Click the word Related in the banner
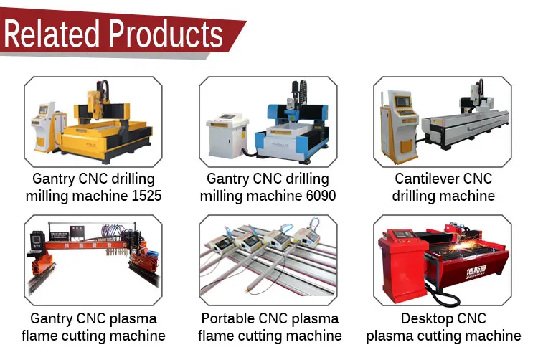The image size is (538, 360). click(x=52, y=33)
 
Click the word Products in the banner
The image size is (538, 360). click(x=166, y=33)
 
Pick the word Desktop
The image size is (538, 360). click(x=425, y=319)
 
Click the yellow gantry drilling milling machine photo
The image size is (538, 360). click(x=93, y=121)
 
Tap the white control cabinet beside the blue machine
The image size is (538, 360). click(x=227, y=136)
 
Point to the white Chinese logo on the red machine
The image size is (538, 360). click(x=476, y=273)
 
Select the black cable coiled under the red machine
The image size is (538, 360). click(x=442, y=295)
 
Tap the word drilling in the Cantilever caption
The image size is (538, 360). click(x=414, y=196)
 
